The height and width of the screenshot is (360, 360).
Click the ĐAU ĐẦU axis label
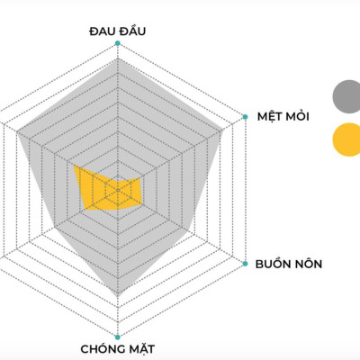(x=118, y=31)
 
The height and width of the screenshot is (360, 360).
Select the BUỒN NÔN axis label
(x=288, y=265)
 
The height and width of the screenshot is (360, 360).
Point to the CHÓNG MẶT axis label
(x=118, y=348)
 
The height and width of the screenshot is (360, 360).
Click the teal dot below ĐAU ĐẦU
(x=118, y=43)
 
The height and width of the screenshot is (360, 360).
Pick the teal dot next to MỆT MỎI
(x=245, y=116)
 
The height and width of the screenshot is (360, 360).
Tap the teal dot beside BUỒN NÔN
(x=245, y=264)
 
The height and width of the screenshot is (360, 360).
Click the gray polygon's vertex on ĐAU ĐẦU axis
(x=118, y=61)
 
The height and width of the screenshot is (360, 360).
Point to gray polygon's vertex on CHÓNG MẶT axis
(x=118, y=296)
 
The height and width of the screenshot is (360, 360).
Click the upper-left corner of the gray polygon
(x=16, y=131)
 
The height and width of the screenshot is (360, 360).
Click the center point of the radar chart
(x=118, y=190)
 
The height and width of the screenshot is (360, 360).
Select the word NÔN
(x=305, y=265)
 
